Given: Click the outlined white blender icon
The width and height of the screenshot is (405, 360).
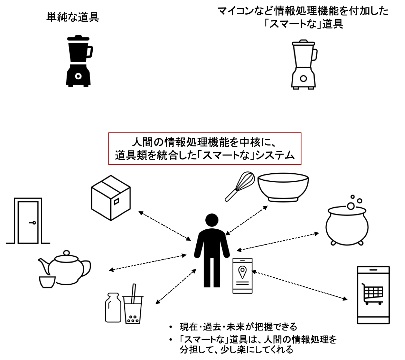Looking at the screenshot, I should [303, 64].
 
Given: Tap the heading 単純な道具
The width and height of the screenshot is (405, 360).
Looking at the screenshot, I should [73, 18].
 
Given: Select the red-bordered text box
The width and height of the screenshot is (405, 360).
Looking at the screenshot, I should [205, 149].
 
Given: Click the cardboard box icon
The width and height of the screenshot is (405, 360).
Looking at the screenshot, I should [111, 197].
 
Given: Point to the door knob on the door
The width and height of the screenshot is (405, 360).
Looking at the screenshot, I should [33, 223].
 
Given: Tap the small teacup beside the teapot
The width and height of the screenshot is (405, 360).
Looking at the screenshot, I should [47, 281].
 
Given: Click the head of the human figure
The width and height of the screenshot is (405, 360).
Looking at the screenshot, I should [212, 221].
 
